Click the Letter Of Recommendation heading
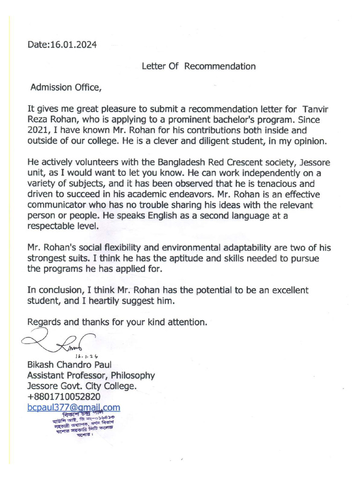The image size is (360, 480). (199, 66)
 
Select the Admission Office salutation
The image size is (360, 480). (65, 88)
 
